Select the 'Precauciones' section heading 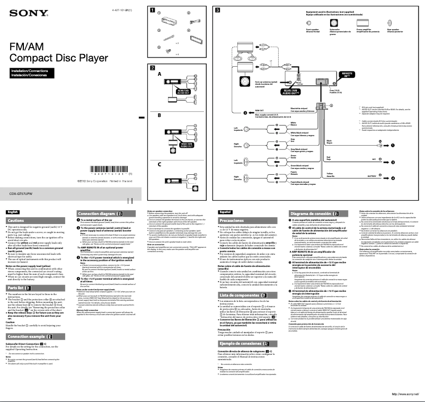[x=231, y=220]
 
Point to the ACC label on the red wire [x=374, y=159]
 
